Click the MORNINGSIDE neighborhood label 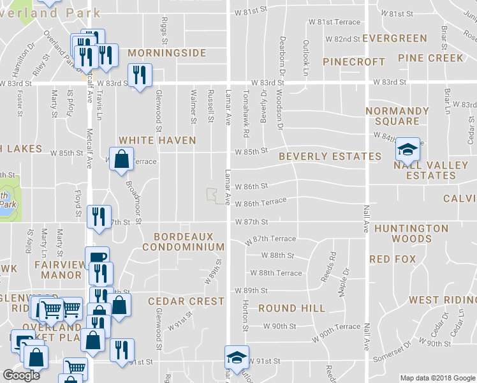(x=166, y=52)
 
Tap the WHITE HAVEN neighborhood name (x=158, y=140)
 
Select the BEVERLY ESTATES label (x=330, y=156)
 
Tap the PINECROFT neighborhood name (x=354, y=62)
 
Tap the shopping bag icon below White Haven (x=121, y=160)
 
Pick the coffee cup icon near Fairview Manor (x=97, y=259)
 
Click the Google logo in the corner (x=22, y=375)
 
